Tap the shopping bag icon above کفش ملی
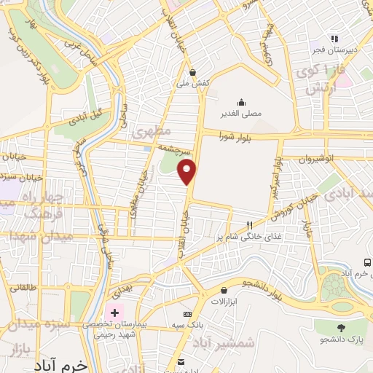tap(192, 72)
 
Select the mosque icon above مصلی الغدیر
tap(240, 103)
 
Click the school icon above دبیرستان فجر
tap(334, 39)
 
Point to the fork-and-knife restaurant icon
tap(249, 225)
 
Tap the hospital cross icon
tap(114, 312)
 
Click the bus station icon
tap(367, 262)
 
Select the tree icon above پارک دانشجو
tap(340, 326)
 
